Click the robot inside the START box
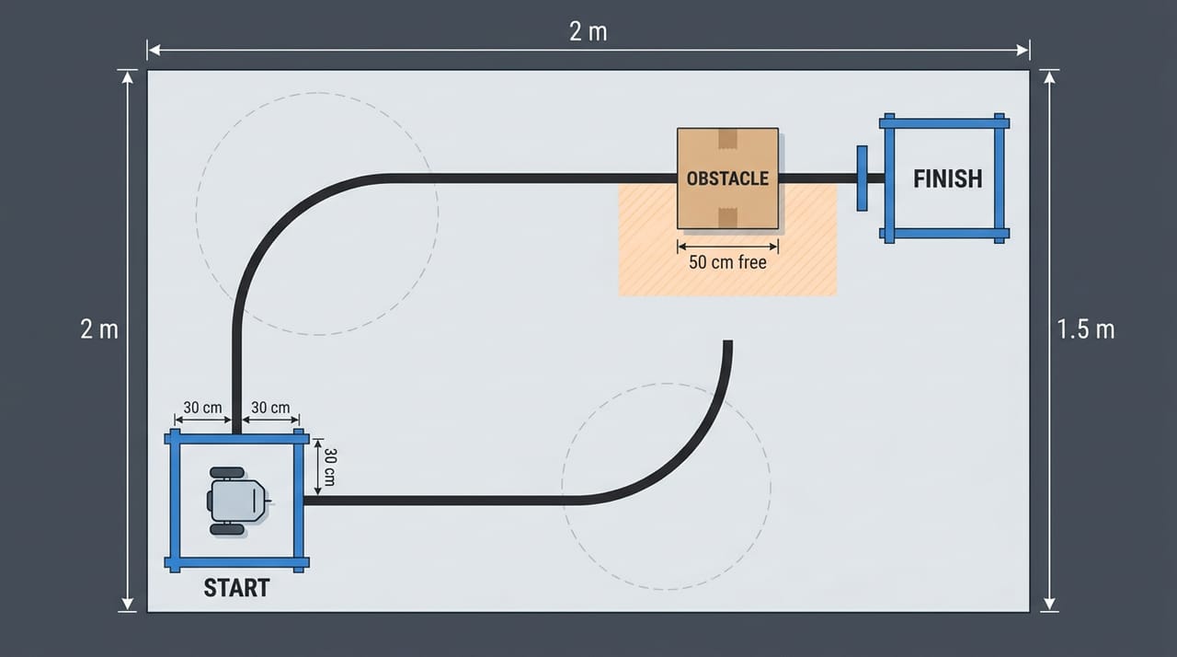(237, 501)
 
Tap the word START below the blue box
(236, 588)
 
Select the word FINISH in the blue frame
(947, 179)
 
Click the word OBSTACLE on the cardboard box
(727, 179)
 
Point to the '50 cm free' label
(727, 262)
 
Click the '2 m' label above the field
(588, 31)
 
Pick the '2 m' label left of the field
(99, 329)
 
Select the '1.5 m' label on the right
(1086, 329)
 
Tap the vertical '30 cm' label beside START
(329, 467)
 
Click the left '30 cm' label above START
(203, 408)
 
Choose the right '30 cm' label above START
(270, 408)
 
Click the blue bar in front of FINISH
(862, 179)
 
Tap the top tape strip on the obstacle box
(727, 139)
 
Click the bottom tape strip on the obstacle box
(727, 217)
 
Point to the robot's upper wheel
(227, 473)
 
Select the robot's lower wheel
(227, 529)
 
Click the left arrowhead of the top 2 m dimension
(154, 51)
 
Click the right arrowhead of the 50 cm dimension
(774, 247)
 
